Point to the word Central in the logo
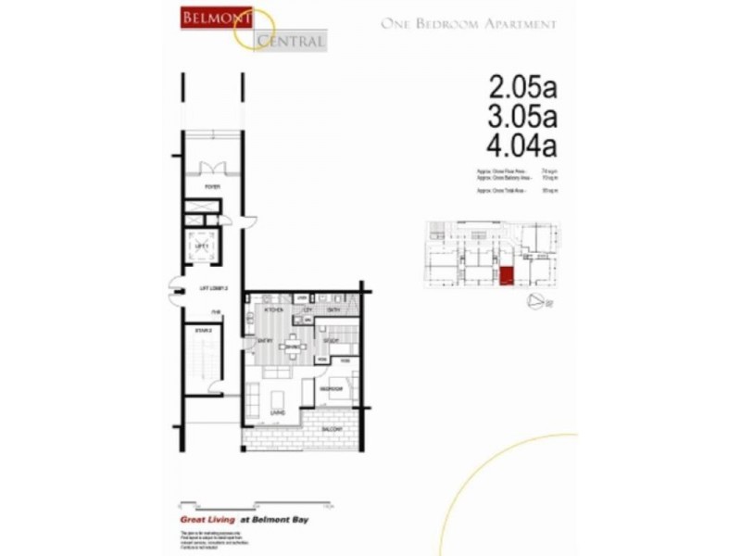point(290,41)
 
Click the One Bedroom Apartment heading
point(468,23)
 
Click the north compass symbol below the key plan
point(534,299)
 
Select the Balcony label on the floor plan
point(333,430)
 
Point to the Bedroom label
point(331,389)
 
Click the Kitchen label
point(271,297)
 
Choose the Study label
point(330,340)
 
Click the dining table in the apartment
point(293,346)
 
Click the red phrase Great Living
point(201,522)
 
